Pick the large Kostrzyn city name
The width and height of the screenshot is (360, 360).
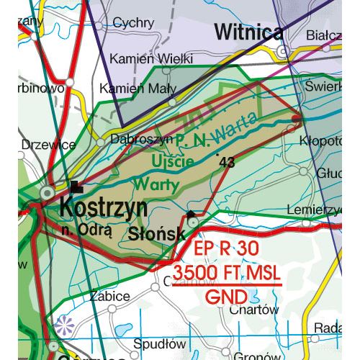click(x=104, y=209)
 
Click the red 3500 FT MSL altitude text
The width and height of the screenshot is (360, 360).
click(x=225, y=274)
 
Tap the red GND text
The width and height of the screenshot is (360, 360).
click(x=225, y=297)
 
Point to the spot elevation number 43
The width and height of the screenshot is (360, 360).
click(x=228, y=163)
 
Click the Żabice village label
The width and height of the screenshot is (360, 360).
click(x=111, y=296)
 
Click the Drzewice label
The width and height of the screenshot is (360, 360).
click(x=48, y=145)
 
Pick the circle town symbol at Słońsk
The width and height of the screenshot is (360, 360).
click(x=193, y=224)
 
